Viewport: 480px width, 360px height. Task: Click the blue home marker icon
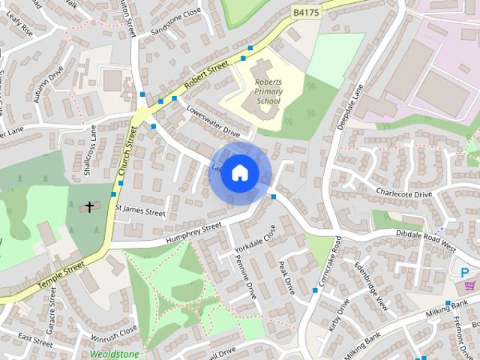pos(239,173)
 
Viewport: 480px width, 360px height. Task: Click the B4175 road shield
pos(305,12)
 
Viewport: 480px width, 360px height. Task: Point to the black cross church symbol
pos(90,206)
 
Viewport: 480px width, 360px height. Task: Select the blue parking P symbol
pos(465,272)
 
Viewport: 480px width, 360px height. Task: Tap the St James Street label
pos(140,213)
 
